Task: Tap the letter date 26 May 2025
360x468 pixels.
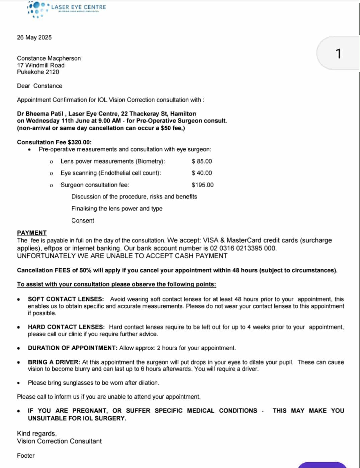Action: click(34, 37)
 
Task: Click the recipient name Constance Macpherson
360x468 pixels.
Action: click(49, 58)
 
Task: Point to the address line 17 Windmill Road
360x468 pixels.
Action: click(41, 65)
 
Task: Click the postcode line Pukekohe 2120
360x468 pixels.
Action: click(38, 72)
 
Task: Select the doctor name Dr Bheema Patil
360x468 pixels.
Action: click(40, 114)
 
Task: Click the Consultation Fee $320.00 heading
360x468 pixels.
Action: click(54, 142)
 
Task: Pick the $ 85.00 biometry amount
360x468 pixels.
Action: click(202, 161)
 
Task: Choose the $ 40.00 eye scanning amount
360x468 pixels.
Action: click(202, 173)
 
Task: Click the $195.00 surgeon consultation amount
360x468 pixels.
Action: click(202, 185)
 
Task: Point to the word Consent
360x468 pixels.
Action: click(83, 221)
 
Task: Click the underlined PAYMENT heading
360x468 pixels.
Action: click(32, 233)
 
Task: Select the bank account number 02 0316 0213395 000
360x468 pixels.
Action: click(243, 248)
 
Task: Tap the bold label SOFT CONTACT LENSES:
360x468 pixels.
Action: click(66, 299)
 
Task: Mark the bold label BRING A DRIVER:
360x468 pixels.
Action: click(54, 362)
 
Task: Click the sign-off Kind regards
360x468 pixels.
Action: click(37, 434)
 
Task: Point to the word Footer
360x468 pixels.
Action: click(26, 456)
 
